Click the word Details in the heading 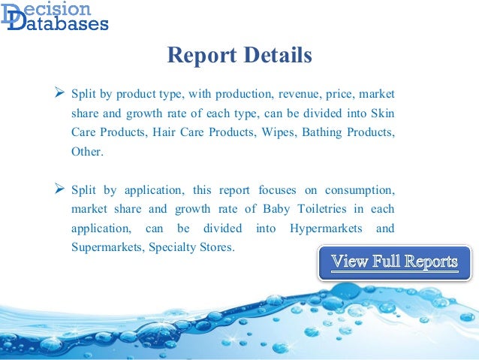point(276,56)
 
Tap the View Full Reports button point(394,262)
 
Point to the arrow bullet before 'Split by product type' point(59,94)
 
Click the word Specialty point(175,247)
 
